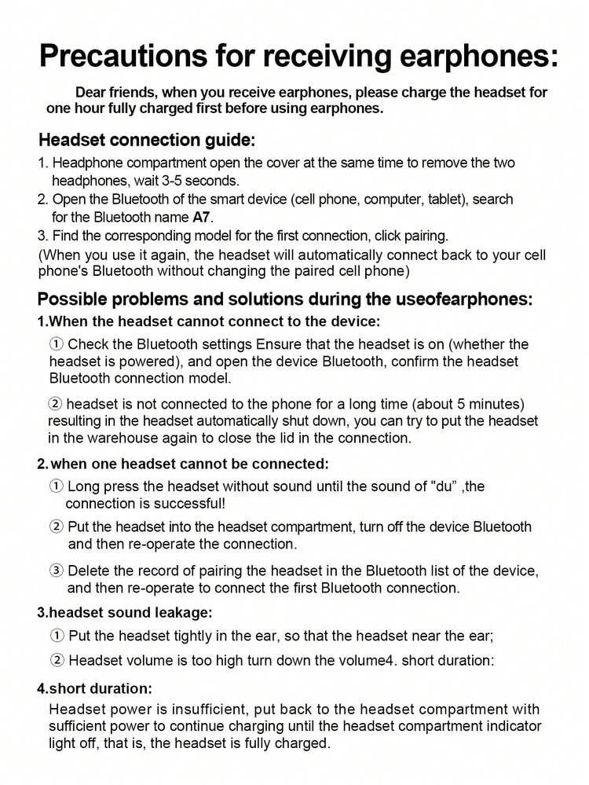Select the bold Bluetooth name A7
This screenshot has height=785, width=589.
(x=202, y=217)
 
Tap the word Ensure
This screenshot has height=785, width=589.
(x=278, y=344)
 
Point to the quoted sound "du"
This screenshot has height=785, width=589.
(x=445, y=486)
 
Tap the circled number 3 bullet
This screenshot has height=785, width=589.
(x=57, y=570)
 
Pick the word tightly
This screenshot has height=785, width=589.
(x=196, y=636)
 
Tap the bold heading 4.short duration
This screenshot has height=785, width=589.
(x=95, y=688)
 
